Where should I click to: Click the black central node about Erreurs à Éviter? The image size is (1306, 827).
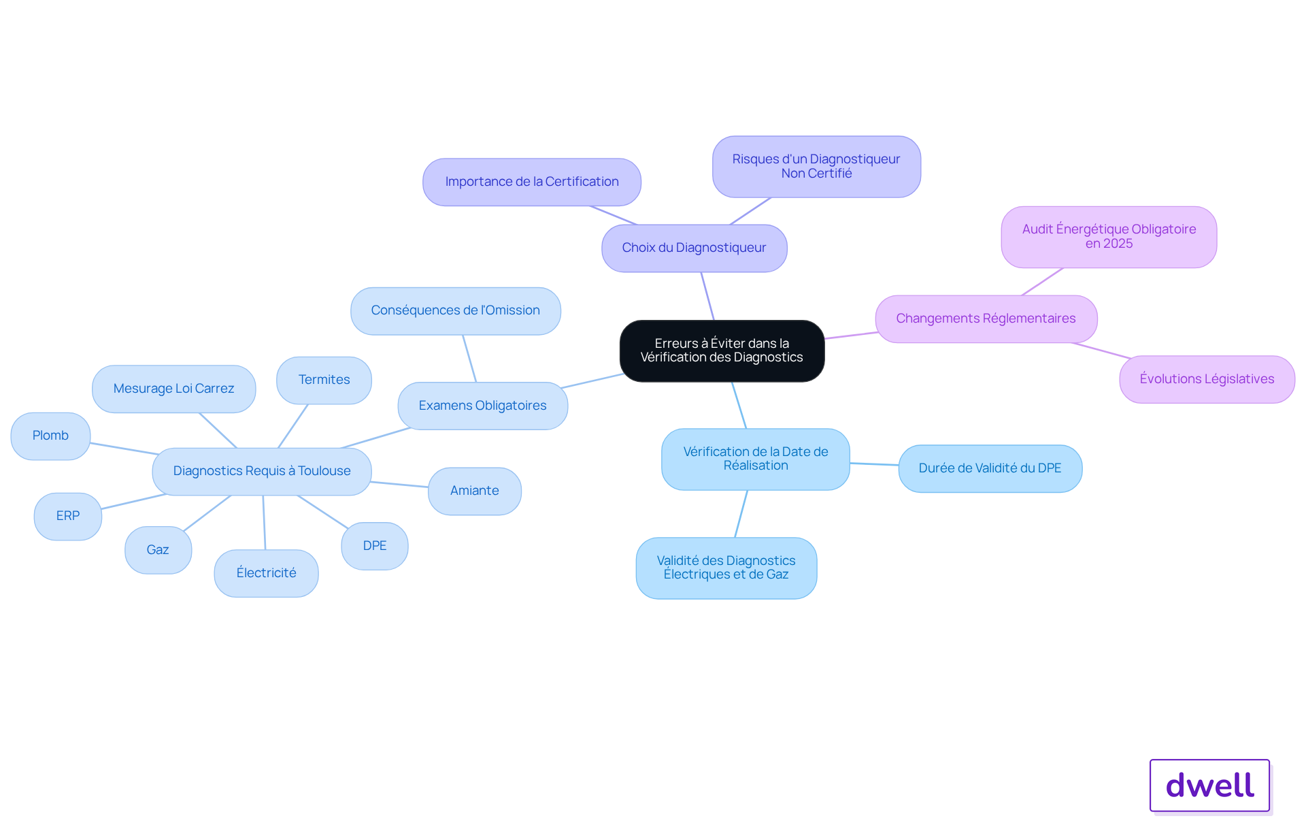pyautogui.click(x=722, y=351)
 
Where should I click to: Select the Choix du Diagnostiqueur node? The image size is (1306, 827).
pyautogui.click(x=694, y=248)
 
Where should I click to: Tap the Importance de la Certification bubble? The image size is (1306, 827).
pyautogui.click(x=532, y=182)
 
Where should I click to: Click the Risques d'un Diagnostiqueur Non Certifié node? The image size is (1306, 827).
pyautogui.click(x=816, y=166)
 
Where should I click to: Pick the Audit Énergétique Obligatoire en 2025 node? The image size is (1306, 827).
pyautogui.click(x=1109, y=237)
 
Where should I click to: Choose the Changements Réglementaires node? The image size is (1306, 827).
pyautogui.click(x=986, y=319)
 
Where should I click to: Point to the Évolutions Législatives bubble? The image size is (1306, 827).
pyautogui.click(x=1207, y=379)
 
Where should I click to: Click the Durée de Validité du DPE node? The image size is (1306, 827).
pyautogui.click(x=990, y=468)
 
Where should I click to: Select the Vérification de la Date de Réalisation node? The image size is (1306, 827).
pyautogui.click(x=756, y=459)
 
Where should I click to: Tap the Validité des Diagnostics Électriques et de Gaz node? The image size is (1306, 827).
pyautogui.click(x=726, y=568)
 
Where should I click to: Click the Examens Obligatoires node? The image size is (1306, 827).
pyautogui.click(x=483, y=406)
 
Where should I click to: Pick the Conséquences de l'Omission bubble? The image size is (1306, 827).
pyautogui.click(x=456, y=310)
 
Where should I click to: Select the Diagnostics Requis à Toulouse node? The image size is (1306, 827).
pyautogui.click(x=262, y=471)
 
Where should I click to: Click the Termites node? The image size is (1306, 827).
pyautogui.click(x=324, y=380)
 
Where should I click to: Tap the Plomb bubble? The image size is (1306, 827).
pyautogui.click(x=50, y=436)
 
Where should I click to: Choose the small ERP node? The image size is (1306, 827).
pyautogui.click(x=68, y=516)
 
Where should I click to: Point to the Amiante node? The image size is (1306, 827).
pyautogui.click(x=475, y=491)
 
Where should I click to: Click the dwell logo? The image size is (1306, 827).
pyautogui.click(x=1209, y=785)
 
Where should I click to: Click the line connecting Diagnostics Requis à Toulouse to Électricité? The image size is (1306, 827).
pyautogui.click(x=264, y=522)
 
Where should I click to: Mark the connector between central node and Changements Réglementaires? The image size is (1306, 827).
pyautogui.click(x=850, y=336)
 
